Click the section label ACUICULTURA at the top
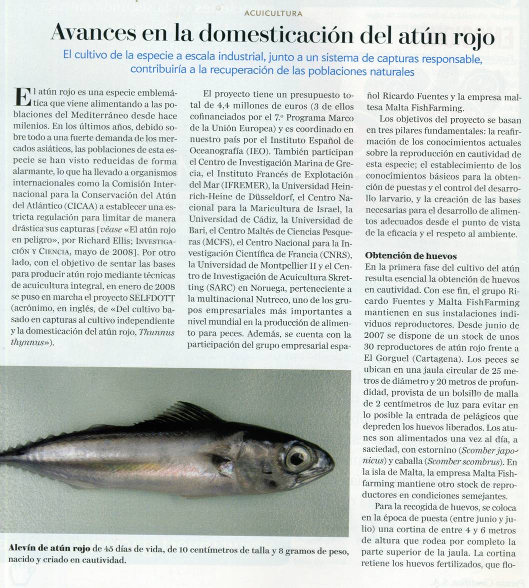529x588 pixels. pos(273,13)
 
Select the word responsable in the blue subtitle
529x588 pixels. pos(452,59)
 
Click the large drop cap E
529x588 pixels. pos(21,96)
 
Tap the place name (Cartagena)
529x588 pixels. pos(429,360)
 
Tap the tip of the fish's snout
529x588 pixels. pos(333,461)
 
